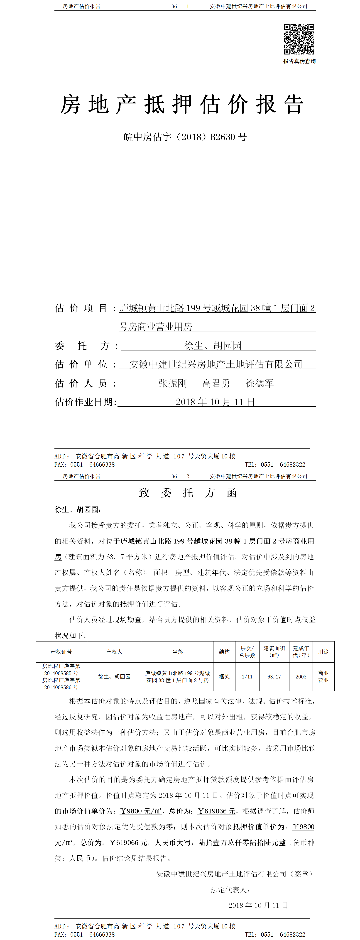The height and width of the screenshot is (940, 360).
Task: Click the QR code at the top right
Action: [x=299, y=39]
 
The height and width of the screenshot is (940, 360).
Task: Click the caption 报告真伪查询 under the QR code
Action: [x=299, y=61]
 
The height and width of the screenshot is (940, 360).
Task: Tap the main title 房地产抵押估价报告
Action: [x=182, y=105]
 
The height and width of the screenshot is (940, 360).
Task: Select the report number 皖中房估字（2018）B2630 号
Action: [x=185, y=137]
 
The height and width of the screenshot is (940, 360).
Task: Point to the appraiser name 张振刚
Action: [x=172, y=383]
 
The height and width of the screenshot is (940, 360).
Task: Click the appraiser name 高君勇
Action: [x=216, y=383]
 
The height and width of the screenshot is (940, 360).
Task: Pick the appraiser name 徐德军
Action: [x=259, y=383]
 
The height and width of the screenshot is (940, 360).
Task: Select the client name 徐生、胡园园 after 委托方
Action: [x=213, y=345]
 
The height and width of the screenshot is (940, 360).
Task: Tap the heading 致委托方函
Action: [x=188, y=493]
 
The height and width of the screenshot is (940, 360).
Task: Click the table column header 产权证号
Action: [x=61, y=652]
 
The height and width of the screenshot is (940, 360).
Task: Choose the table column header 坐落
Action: [x=178, y=652]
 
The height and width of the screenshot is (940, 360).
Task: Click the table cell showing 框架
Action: [x=224, y=677]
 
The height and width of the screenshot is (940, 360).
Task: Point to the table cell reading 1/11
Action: [x=247, y=677]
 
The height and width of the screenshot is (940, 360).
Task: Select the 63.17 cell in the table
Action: [x=274, y=677]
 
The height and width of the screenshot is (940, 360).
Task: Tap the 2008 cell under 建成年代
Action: [x=301, y=677]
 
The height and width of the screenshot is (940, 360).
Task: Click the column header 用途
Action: [x=323, y=652]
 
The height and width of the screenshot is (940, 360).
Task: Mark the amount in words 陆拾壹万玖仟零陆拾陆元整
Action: [x=242, y=842]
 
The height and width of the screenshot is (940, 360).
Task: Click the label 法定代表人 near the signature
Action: [x=230, y=890]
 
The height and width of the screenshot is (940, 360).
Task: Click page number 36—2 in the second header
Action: [x=180, y=476]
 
